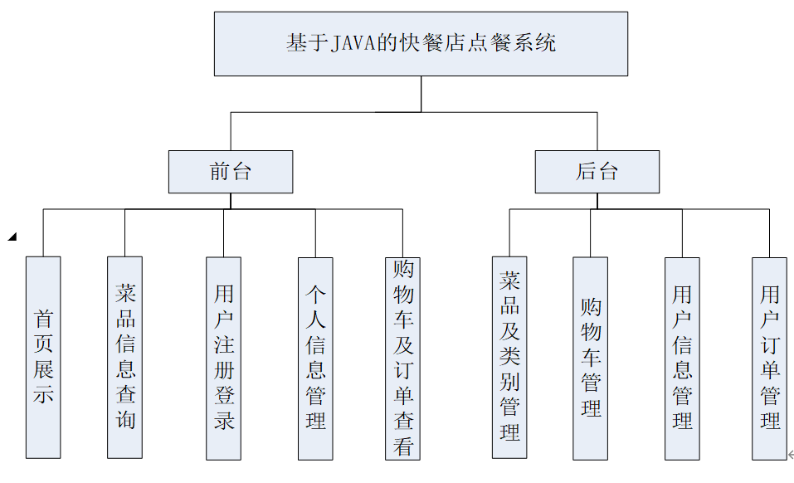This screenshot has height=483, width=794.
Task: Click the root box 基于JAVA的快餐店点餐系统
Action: click(x=421, y=44)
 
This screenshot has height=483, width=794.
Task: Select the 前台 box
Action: click(x=231, y=172)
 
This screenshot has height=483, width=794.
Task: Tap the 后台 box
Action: click(x=597, y=172)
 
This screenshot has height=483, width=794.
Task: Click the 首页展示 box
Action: click(x=43, y=357)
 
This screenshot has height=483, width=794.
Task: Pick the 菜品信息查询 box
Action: click(x=125, y=357)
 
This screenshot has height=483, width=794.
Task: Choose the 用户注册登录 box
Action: click(x=224, y=357)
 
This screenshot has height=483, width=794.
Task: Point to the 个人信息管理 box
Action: click(x=315, y=357)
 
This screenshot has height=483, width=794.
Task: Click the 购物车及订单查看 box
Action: click(x=403, y=357)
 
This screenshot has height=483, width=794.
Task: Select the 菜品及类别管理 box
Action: click(x=509, y=357)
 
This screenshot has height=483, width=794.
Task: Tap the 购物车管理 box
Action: click(x=591, y=357)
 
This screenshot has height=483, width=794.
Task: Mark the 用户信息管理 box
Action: click(x=682, y=357)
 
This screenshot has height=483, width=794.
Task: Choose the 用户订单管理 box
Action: click(x=770, y=357)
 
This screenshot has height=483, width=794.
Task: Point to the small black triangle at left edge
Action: click(x=12, y=237)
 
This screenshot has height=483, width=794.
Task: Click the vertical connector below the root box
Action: click(x=421, y=94)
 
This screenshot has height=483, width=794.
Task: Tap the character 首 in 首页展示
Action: click(x=43, y=319)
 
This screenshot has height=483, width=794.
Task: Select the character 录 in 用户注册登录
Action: click(x=224, y=419)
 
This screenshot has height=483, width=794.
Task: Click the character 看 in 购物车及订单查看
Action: click(x=403, y=446)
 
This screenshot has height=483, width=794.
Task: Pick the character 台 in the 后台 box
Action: click(x=608, y=172)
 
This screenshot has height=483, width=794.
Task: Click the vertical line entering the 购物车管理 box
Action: click(x=591, y=232)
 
